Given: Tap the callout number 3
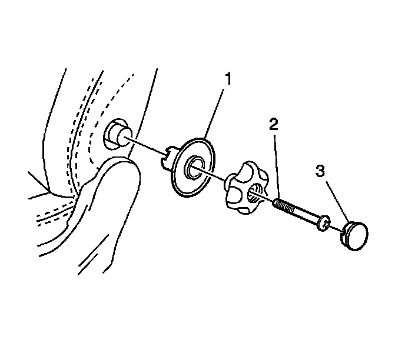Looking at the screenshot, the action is tap(320, 171).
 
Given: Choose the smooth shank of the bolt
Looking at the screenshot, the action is tap(306, 216).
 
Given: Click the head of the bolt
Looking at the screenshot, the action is tap(322, 224).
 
